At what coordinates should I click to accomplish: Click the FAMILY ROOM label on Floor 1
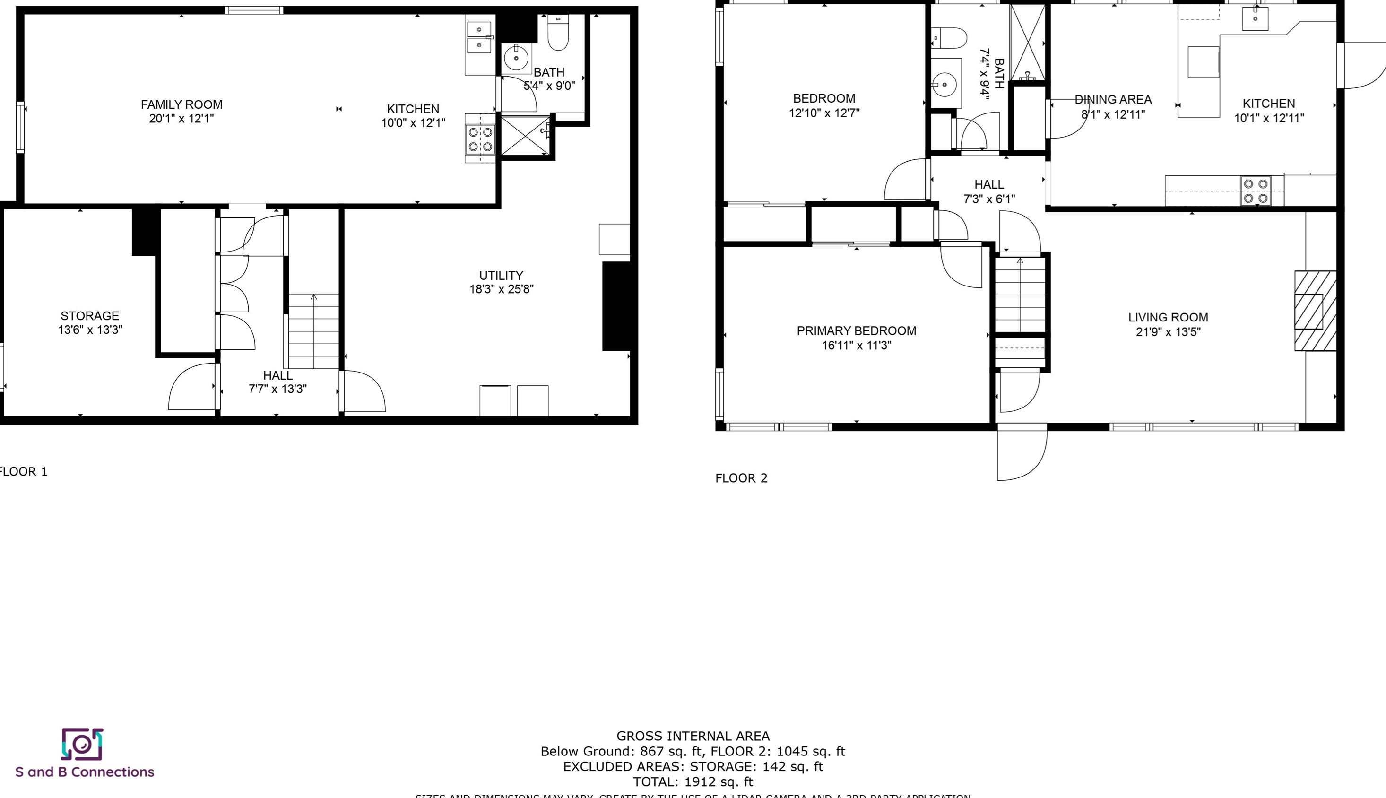pyautogui.click(x=182, y=104)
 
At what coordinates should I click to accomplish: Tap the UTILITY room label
pyautogui.click(x=501, y=276)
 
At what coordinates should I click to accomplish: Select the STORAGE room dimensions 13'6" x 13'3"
pyautogui.click(x=90, y=330)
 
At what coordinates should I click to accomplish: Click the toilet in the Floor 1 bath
pyautogui.click(x=558, y=34)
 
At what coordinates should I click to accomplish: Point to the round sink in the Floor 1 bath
pyautogui.click(x=516, y=57)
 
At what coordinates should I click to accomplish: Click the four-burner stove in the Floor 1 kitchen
pyautogui.click(x=480, y=139)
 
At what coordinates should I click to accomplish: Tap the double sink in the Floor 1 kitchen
pyautogui.click(x=479, y=37)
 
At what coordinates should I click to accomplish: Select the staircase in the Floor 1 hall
pyautogui.click(x=313, y=331)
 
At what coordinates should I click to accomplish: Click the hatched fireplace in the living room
pyautogui.click(x=1315, y=311)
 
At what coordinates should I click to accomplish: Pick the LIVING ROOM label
pyautogui.click(x=1168, y=317)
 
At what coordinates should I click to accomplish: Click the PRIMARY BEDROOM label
pyautogui.click(x=856, y=331)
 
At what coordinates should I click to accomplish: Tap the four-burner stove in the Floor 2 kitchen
pyautogui.click(x=1256, y=191)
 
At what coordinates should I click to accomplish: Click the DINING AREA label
pyautogui.click(x=1113, y=100)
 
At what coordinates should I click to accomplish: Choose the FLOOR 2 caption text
pyautogui.click(x=741, y=478)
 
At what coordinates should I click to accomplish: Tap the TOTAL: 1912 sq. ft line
pyautogui.click(x=693, y=782)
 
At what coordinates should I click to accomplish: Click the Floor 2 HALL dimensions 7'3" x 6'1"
pyautogui.click(x=989, y=199)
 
